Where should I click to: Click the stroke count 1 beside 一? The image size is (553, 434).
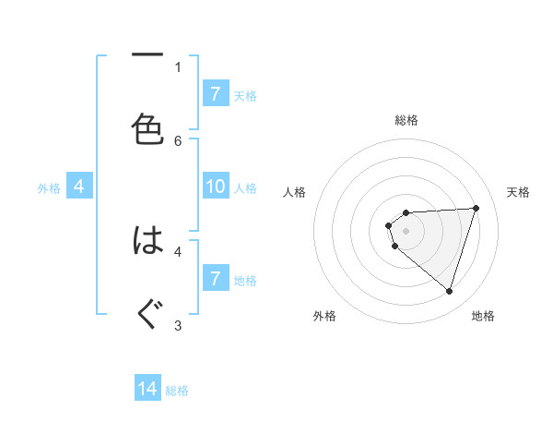[178, 66]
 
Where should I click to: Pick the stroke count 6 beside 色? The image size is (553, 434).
[178, 140]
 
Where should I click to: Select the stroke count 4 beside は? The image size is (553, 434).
[178, 250]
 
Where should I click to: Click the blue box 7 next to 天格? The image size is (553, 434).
[215, 94]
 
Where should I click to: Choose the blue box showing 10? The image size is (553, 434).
[215, 187]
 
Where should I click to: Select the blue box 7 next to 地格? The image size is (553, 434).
[215, 279]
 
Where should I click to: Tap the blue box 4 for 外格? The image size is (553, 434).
[79, 187]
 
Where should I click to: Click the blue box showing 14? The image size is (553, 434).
[147, 389]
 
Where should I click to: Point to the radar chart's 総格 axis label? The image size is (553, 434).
[406, 120]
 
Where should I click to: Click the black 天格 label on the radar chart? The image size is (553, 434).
[519, 192]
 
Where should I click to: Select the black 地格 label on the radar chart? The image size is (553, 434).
[483, 317]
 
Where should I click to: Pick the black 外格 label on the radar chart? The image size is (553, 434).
[324, 317]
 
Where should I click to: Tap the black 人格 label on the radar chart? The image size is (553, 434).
[294, 192]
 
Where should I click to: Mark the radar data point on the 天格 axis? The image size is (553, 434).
[476, 208]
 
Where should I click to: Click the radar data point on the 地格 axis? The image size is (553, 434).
[449, 291]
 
